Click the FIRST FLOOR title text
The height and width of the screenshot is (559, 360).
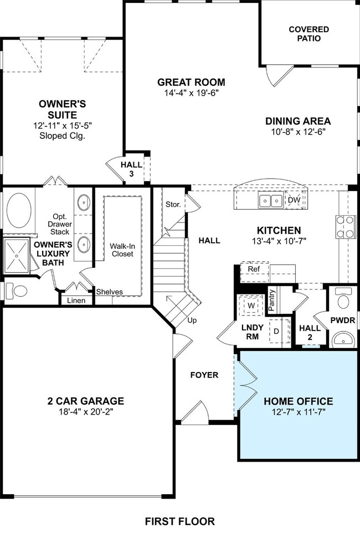[x=179, y=521]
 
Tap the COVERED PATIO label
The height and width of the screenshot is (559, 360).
[x=308, y=34]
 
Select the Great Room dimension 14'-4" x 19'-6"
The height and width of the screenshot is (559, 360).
[x=191, y=93]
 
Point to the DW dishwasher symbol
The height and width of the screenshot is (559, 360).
[x=294, y=200]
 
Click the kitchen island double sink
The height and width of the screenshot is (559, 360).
[x=271, y=200]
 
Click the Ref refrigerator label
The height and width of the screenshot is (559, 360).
[x=254, y=269]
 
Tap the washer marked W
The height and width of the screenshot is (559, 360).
[x=250, y=306]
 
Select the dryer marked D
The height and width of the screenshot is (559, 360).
[x=276, y=332]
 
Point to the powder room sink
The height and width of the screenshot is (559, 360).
[x=343, y=338]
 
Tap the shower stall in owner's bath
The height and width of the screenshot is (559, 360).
[x=19, y=256]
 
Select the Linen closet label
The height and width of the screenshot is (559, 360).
[x=76, y=301]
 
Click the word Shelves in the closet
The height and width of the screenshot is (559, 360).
[x=110, y=292]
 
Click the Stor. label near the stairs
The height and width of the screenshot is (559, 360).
[x=173, y=204]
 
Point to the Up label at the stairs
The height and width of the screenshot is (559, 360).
[x=191, y=320]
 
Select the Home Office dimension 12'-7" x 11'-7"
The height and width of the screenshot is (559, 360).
[x=298, y=413]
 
